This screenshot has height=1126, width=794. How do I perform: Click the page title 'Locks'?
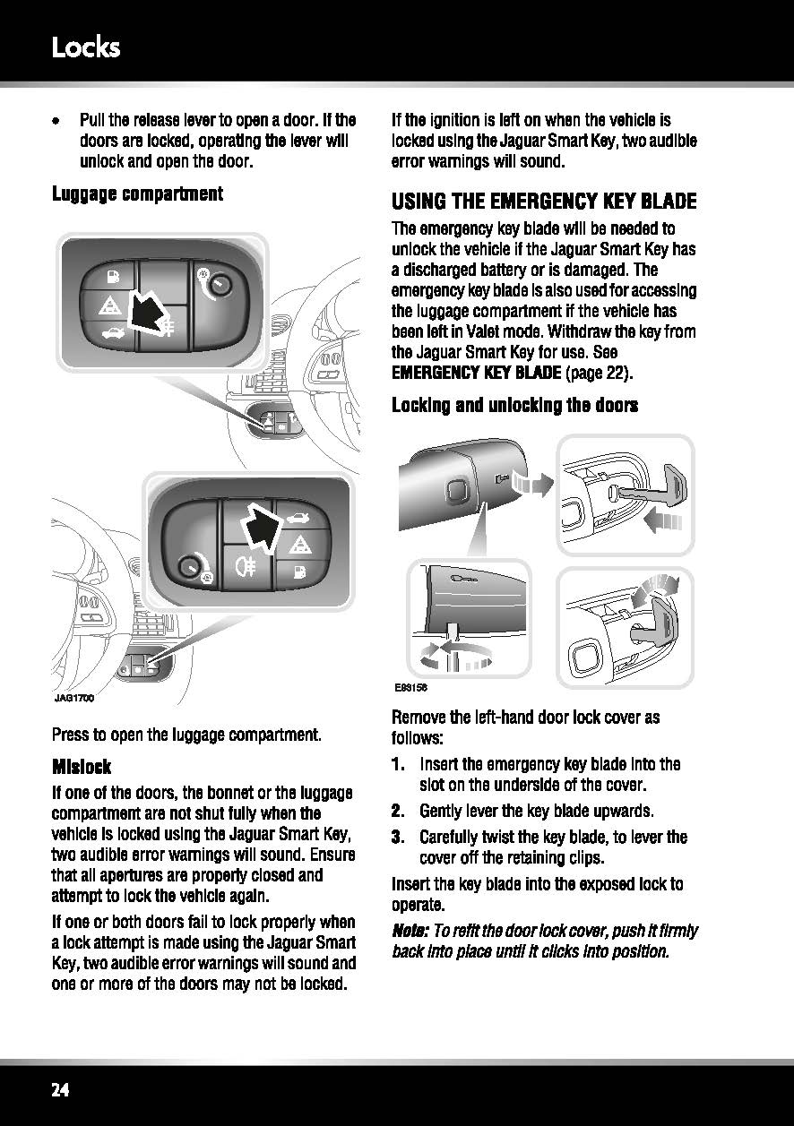click(86, 48)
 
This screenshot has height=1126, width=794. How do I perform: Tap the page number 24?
click(60, 1090)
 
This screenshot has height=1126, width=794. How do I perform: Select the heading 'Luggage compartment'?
click(137, 194)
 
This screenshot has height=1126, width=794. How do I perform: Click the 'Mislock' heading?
click(82, 767)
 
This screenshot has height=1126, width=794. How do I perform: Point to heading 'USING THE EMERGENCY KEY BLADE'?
click(544, 202)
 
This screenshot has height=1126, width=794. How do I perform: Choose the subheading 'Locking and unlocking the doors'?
click(515, 405)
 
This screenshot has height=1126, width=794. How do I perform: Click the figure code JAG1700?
click(73, 698)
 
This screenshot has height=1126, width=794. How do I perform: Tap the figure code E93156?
click(410, 688)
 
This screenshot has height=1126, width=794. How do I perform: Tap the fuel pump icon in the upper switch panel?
click(114, 276)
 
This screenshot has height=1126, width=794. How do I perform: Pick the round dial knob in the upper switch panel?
click(220, 286)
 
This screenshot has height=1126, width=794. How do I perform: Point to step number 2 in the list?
click(398, 811)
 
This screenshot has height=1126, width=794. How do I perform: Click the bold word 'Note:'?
click(410, 931)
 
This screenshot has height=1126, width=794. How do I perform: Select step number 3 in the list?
click(398, 837)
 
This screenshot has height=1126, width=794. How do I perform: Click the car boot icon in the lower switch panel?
click(298, 517)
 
